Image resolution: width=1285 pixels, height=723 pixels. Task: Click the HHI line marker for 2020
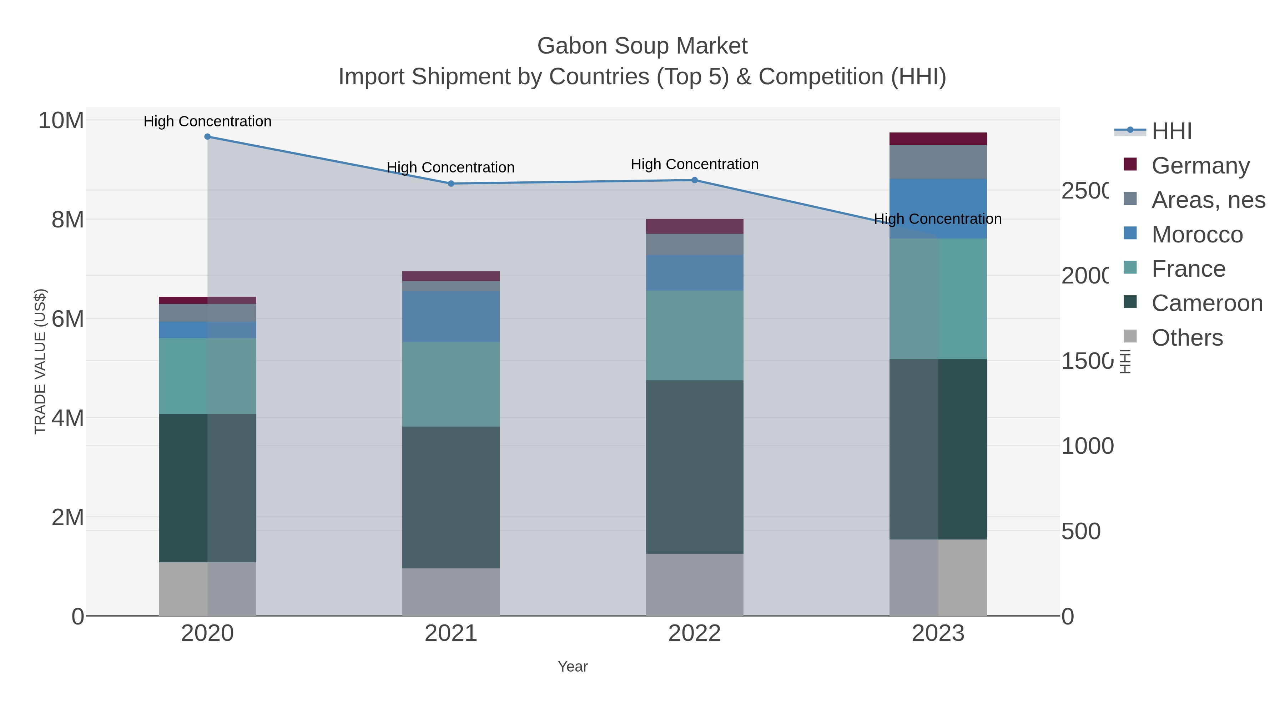coord(207,137)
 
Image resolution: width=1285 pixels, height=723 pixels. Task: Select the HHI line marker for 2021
coord(451,184)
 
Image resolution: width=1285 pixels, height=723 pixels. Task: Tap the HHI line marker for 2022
coord(694,180)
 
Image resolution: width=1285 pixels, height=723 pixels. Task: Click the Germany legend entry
coord(1200,166)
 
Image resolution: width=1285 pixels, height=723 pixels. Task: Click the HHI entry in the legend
coord(1171,131)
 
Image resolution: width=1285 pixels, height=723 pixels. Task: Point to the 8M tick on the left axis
coord(67,220)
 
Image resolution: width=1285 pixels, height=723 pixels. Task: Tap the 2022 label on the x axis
coord(694,634)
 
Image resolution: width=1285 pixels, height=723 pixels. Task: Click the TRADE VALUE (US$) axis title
coord(40,361)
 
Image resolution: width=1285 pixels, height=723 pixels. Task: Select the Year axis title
coord(573,667)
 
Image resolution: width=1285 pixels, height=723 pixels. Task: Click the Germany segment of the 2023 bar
coord(938,139)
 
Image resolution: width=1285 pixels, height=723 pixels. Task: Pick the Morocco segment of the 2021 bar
coord(451,316)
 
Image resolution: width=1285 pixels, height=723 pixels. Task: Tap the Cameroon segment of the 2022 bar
coord(694,467)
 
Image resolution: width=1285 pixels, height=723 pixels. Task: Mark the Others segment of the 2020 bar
coord(207,589)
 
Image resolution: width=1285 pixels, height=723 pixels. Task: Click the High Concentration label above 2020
coord(207,122)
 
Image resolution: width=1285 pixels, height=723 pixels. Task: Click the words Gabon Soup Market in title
coord(642,46)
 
